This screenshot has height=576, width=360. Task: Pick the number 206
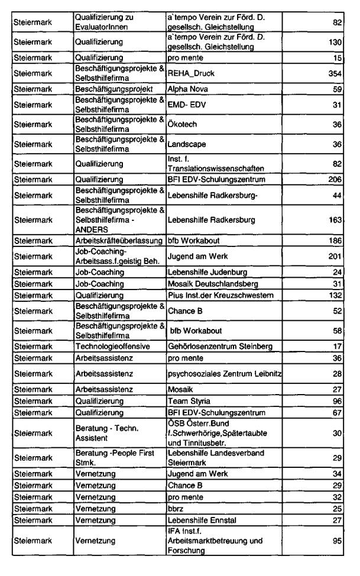(335, 179)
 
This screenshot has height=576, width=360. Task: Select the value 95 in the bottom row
(338, 541)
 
